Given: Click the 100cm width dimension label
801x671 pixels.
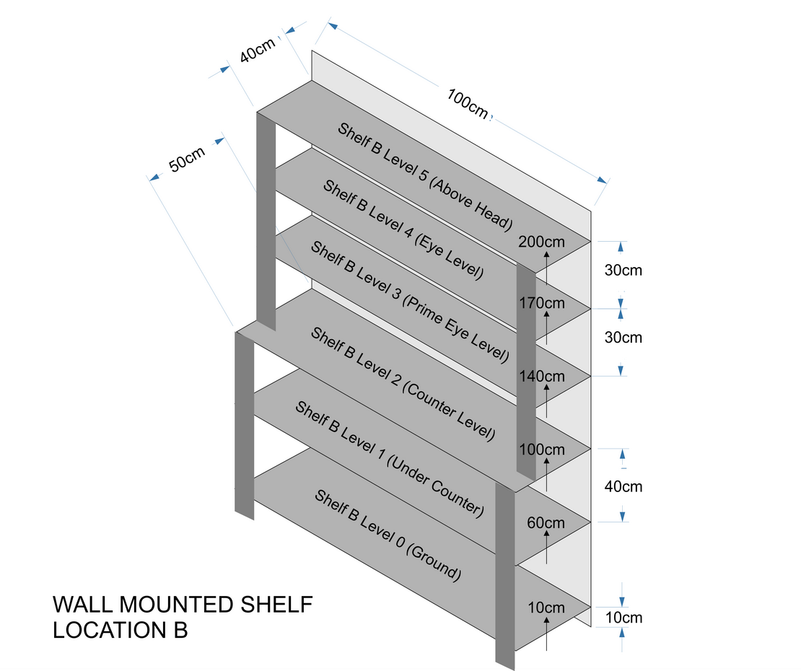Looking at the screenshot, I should [x=468, y=103].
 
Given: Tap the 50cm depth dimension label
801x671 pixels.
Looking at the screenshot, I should [x=186, y=159].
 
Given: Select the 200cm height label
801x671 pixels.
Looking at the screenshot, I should [x=541, y=242].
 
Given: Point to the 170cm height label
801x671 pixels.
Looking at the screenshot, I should [x=542, y=302].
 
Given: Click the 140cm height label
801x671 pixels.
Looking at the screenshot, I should [x=542, y=376].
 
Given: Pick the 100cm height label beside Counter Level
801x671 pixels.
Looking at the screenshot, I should [x=542, y=449].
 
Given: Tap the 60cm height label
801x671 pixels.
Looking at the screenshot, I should [x=546, y=522].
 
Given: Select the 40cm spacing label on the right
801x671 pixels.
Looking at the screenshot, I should [x=623, y=486].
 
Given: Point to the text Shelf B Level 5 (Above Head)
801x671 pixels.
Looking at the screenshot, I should [x=425, y=176].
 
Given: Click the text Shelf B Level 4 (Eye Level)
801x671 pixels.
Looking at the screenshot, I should [x=403, y=229].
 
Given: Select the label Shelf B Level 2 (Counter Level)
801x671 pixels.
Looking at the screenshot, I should [x=402, y=383].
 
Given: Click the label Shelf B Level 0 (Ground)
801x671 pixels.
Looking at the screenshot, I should [x=387, y=534].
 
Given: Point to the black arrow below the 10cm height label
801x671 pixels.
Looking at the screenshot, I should [x=546, y=633].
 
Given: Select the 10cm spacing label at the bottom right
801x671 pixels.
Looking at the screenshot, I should [x=623, y=618].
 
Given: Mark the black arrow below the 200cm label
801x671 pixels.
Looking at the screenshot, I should [x=546, y=266].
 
